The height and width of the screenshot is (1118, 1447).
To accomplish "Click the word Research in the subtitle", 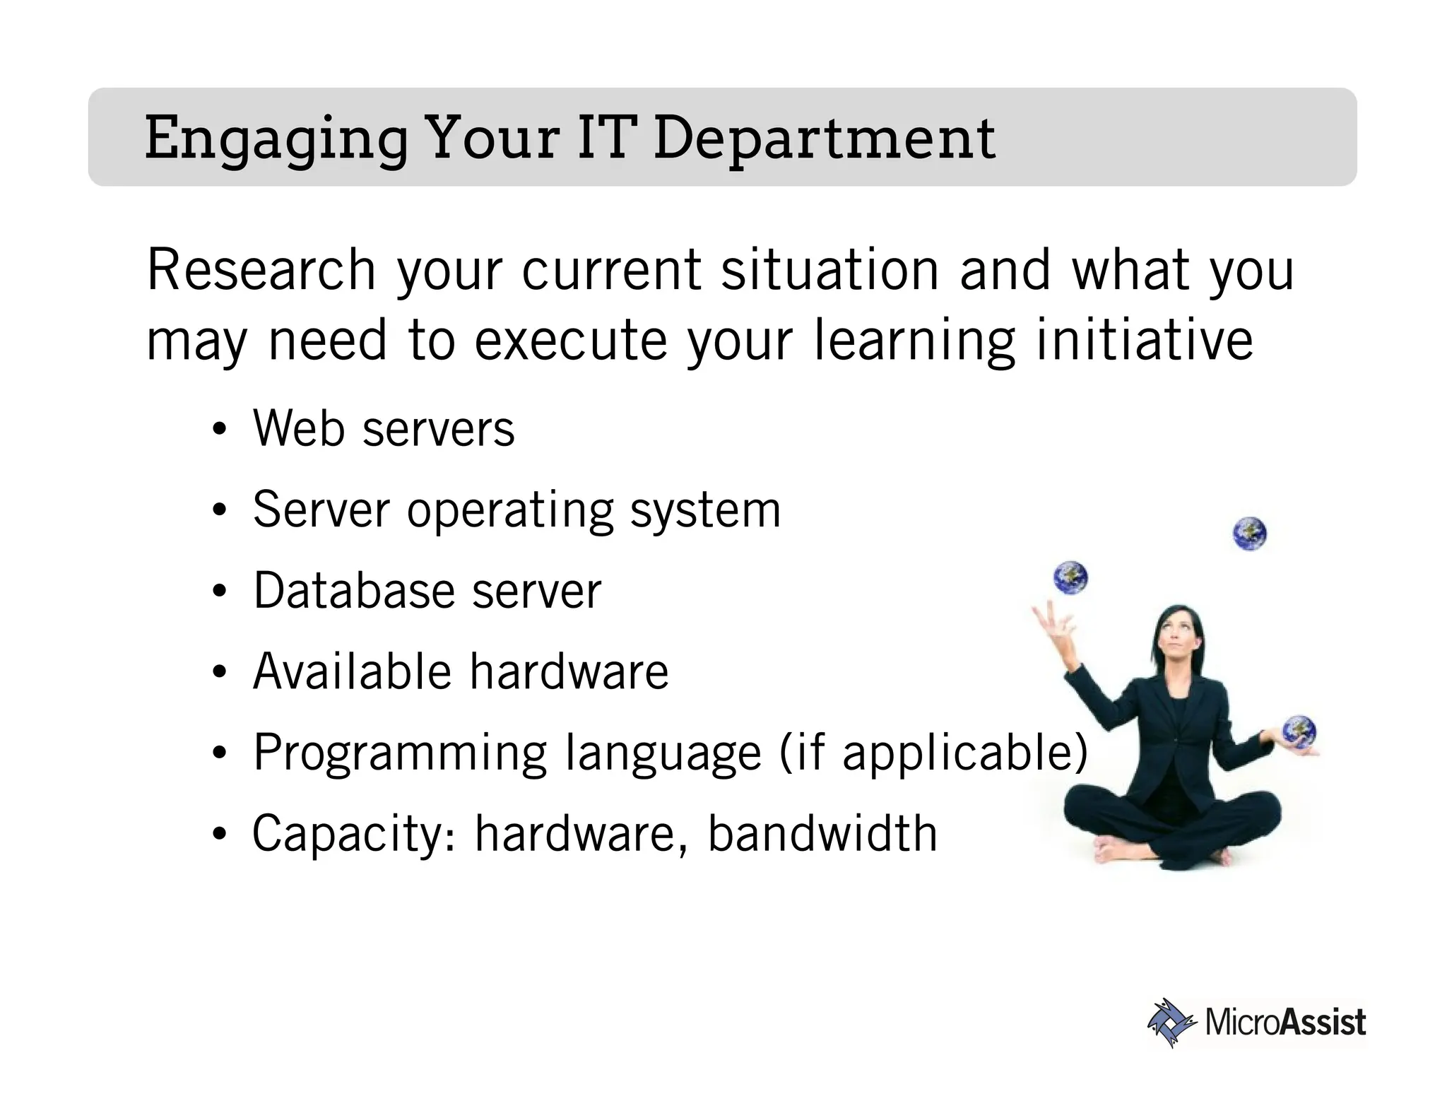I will coord(261,270).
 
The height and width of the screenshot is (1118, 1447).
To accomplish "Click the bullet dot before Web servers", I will coord(220,430).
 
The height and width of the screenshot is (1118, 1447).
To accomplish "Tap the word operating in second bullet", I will coord(509,510).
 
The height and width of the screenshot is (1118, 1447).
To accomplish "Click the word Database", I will coord(352,591).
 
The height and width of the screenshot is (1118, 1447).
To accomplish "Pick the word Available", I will coord(351,671).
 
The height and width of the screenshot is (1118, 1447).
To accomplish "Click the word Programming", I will coord(400,753).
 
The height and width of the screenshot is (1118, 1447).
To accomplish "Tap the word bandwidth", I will coord(822,834).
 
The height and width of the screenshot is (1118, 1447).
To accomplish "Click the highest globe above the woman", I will coord(1249,534).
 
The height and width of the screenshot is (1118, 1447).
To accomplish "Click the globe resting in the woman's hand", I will coord(1299,732).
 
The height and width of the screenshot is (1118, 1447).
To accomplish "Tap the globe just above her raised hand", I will coord(1070,577).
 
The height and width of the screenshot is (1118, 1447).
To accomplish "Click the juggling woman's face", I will coord(1177,640).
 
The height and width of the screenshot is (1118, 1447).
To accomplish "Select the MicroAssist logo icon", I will coord(1170,1022).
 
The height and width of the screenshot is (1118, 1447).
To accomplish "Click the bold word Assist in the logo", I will coord(1323,1023).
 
